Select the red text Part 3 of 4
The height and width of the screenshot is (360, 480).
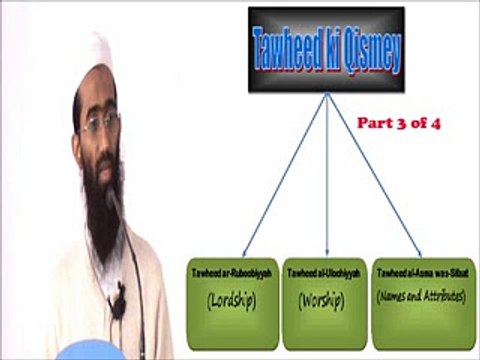[x=399, y=124]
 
